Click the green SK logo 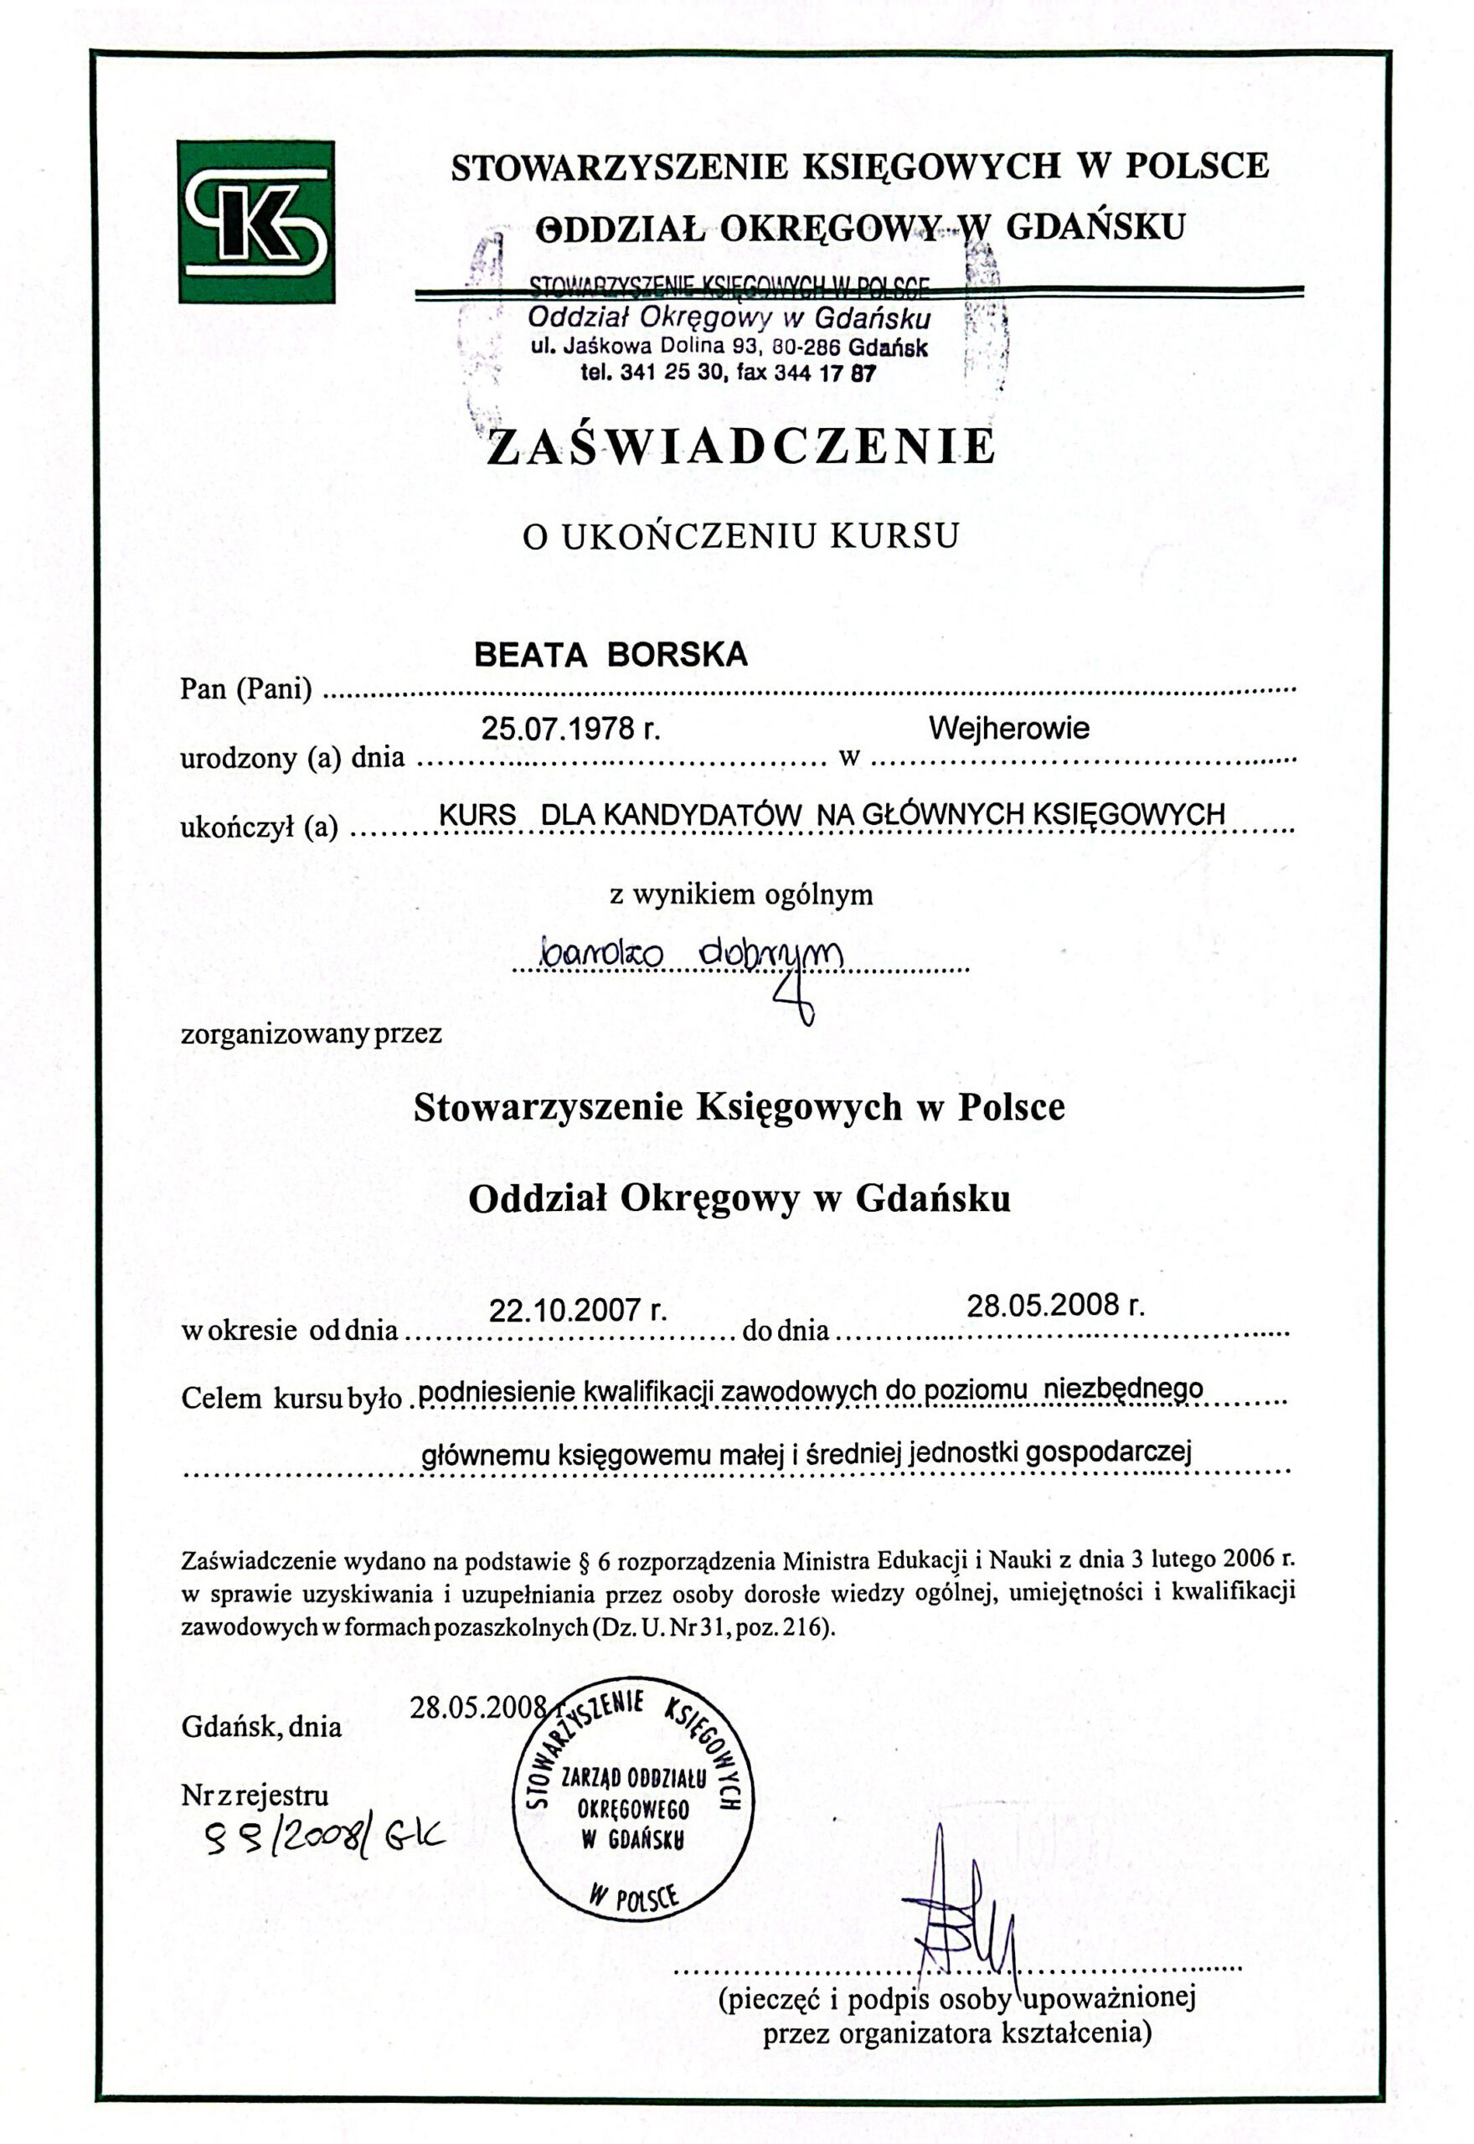point(255,222)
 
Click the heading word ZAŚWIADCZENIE point(742,447)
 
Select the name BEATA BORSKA point(611,655)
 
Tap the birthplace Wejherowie point(1008,729)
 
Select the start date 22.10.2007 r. point(577,1309)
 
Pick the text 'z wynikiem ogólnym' point(740,894)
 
